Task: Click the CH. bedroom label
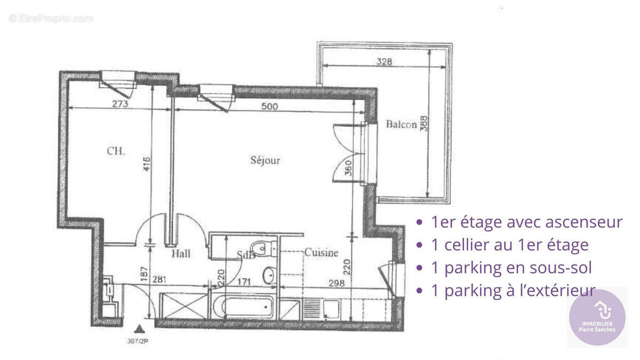(116, 151)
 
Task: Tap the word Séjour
(265, 160)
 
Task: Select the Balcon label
(401, 125)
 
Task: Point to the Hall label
(181, 254)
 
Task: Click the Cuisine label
(321, 253)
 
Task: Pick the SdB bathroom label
(246, 255)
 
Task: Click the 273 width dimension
(121, 104)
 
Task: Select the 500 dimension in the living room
(270, 106)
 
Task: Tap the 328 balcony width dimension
(383, 61)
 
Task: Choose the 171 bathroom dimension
(243, 282)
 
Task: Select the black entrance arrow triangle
(140, 329)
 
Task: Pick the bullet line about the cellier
(509, 245)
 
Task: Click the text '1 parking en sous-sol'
(511, 268)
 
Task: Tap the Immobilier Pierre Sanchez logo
(597, 317)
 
